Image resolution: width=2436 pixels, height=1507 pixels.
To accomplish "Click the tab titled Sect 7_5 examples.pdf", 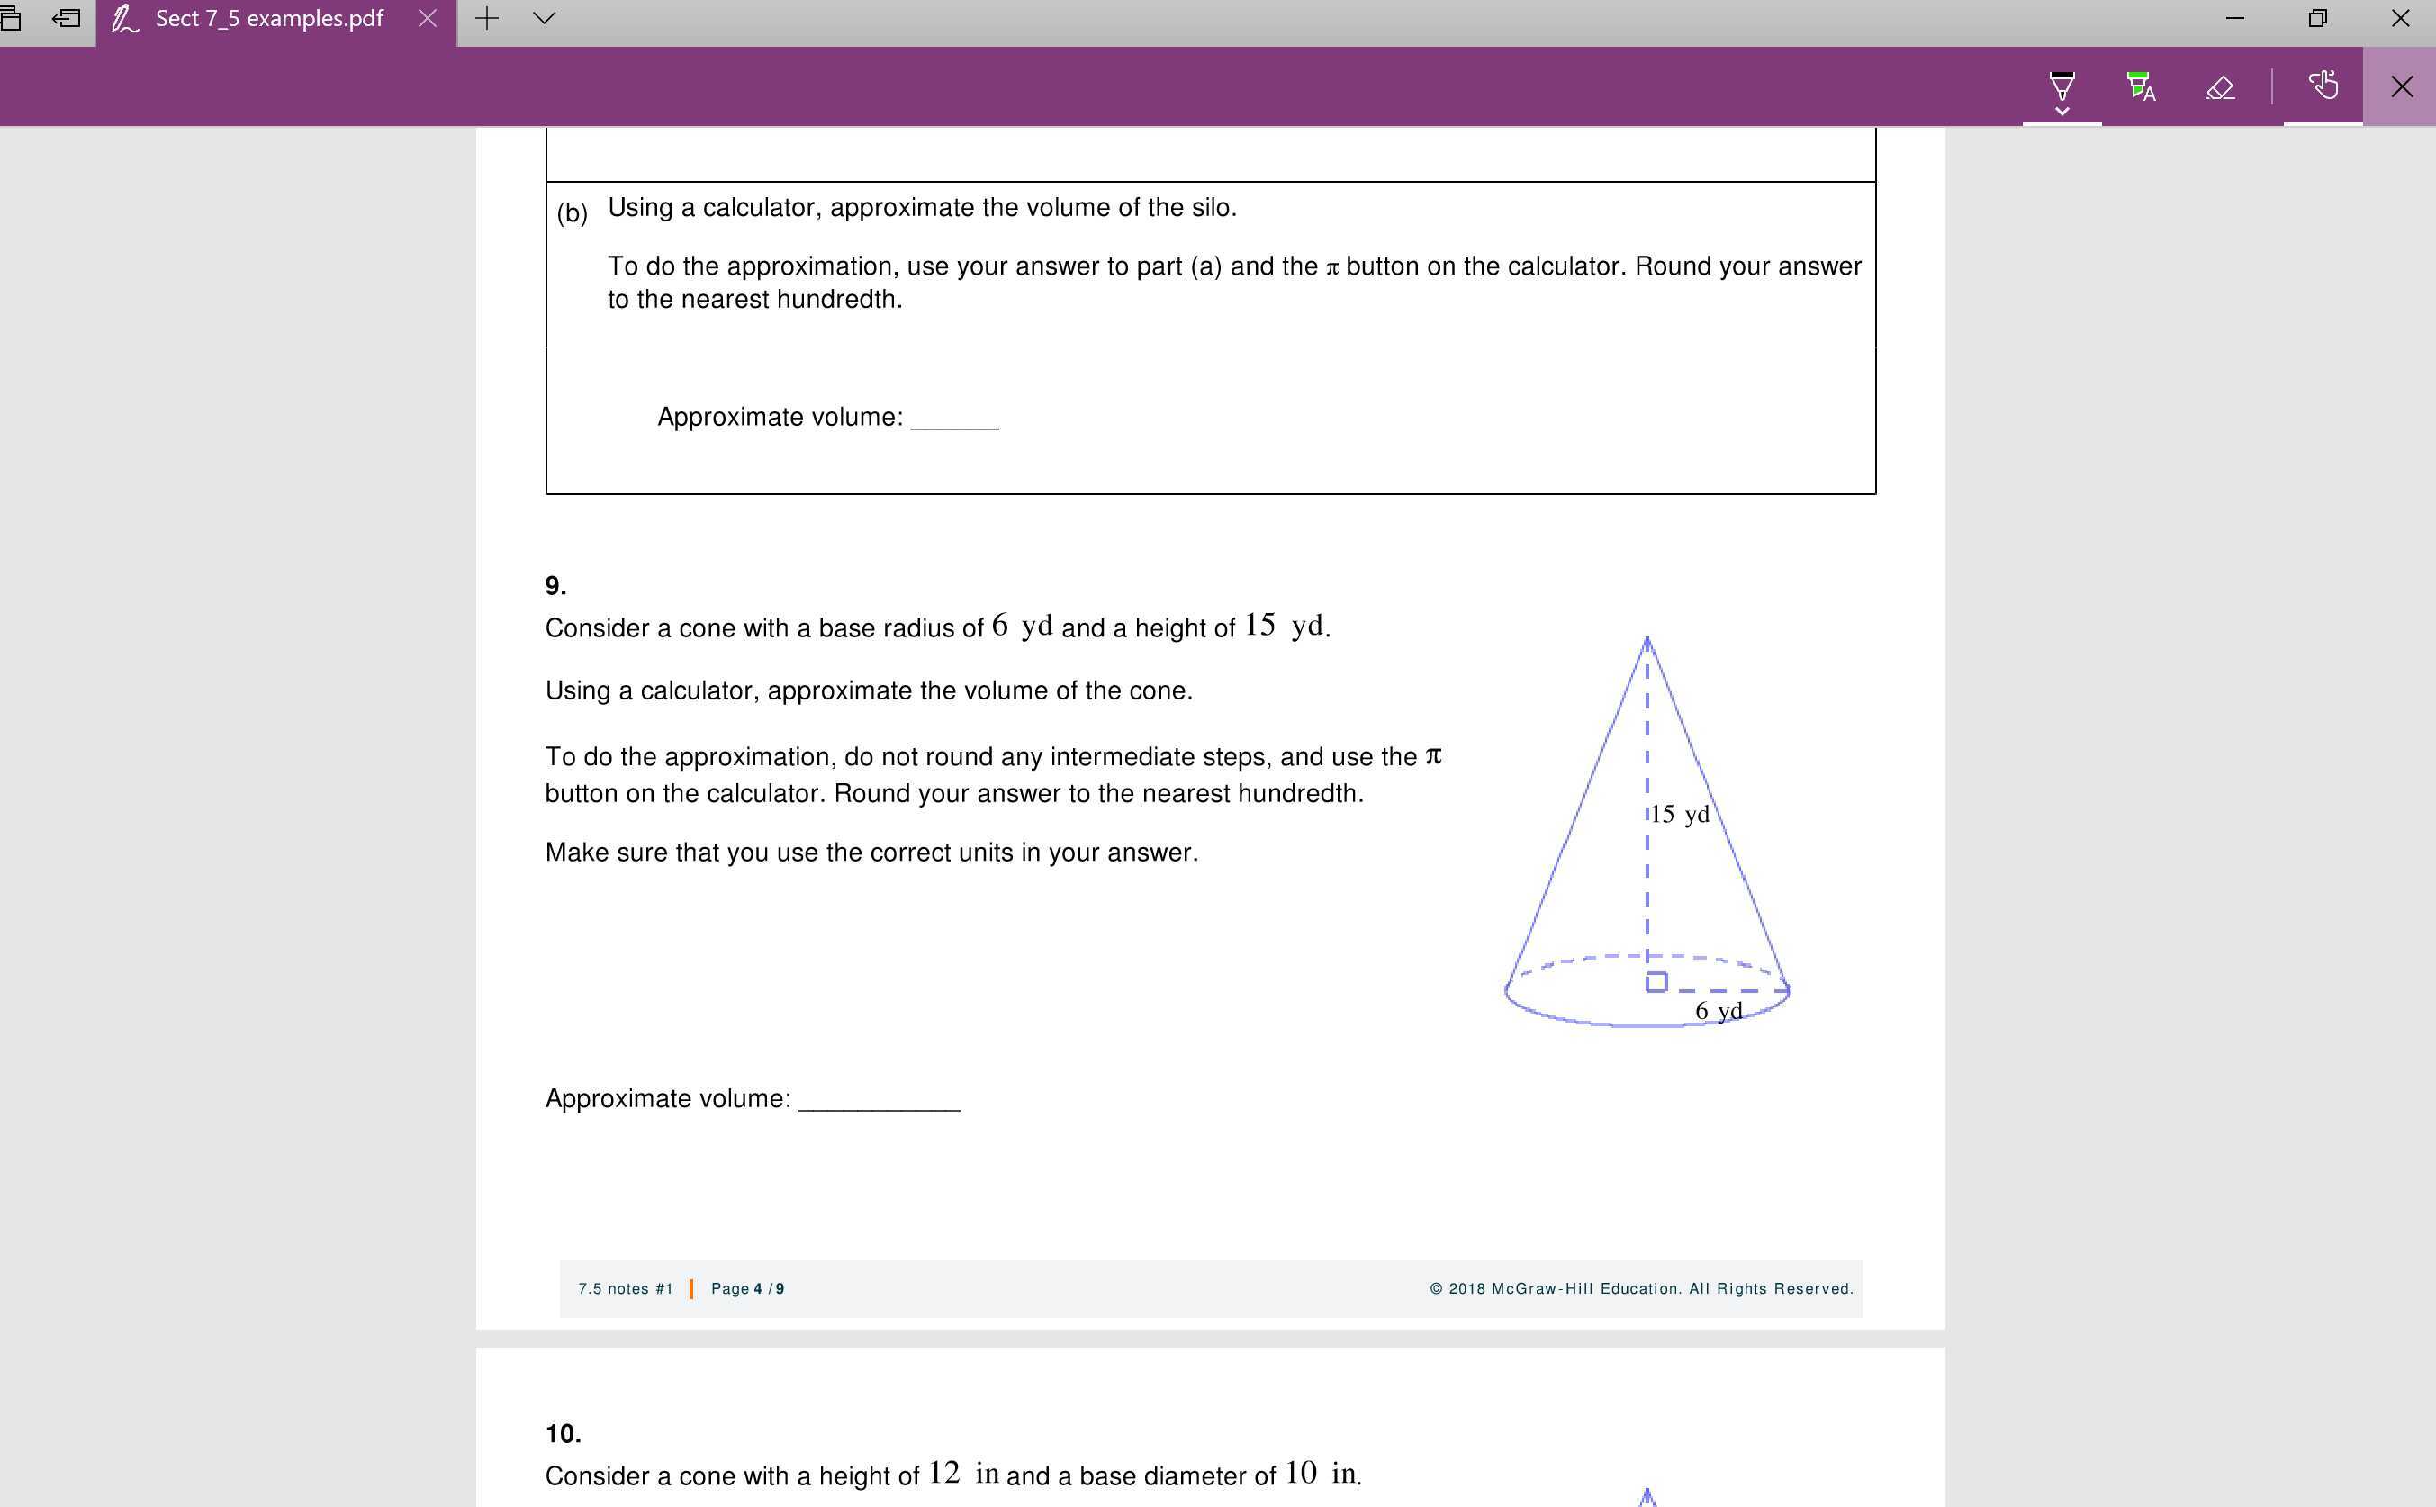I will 268,19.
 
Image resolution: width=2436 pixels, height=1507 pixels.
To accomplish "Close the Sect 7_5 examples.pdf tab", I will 428,19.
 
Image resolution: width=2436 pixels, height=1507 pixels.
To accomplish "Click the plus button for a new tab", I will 486,19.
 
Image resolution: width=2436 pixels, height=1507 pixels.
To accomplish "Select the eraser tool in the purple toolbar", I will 2220,87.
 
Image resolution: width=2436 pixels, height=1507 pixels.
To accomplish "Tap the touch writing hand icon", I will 2323,86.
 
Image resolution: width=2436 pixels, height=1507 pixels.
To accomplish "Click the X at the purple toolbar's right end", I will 2401,86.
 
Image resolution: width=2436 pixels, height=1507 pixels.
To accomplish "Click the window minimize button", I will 2234,19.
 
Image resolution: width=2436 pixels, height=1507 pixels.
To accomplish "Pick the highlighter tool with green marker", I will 2140,86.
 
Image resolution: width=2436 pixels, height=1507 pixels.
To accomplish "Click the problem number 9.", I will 555,586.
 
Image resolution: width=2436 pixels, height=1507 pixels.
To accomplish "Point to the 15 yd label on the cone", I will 1681,815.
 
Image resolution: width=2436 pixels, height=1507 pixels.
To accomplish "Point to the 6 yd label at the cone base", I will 1719,1011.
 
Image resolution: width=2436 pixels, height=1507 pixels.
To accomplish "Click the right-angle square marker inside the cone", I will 1656,983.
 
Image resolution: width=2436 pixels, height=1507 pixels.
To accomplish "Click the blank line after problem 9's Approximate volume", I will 880,1100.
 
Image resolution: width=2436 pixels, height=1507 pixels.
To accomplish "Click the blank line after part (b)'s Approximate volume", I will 954,419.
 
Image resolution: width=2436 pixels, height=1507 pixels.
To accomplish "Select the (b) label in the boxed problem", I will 573,213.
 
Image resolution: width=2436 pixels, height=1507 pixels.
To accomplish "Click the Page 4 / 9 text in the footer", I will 746,1289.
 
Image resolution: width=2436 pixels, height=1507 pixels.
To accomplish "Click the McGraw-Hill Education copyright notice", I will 1640,1289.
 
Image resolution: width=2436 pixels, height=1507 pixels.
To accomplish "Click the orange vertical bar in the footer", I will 690,1289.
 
